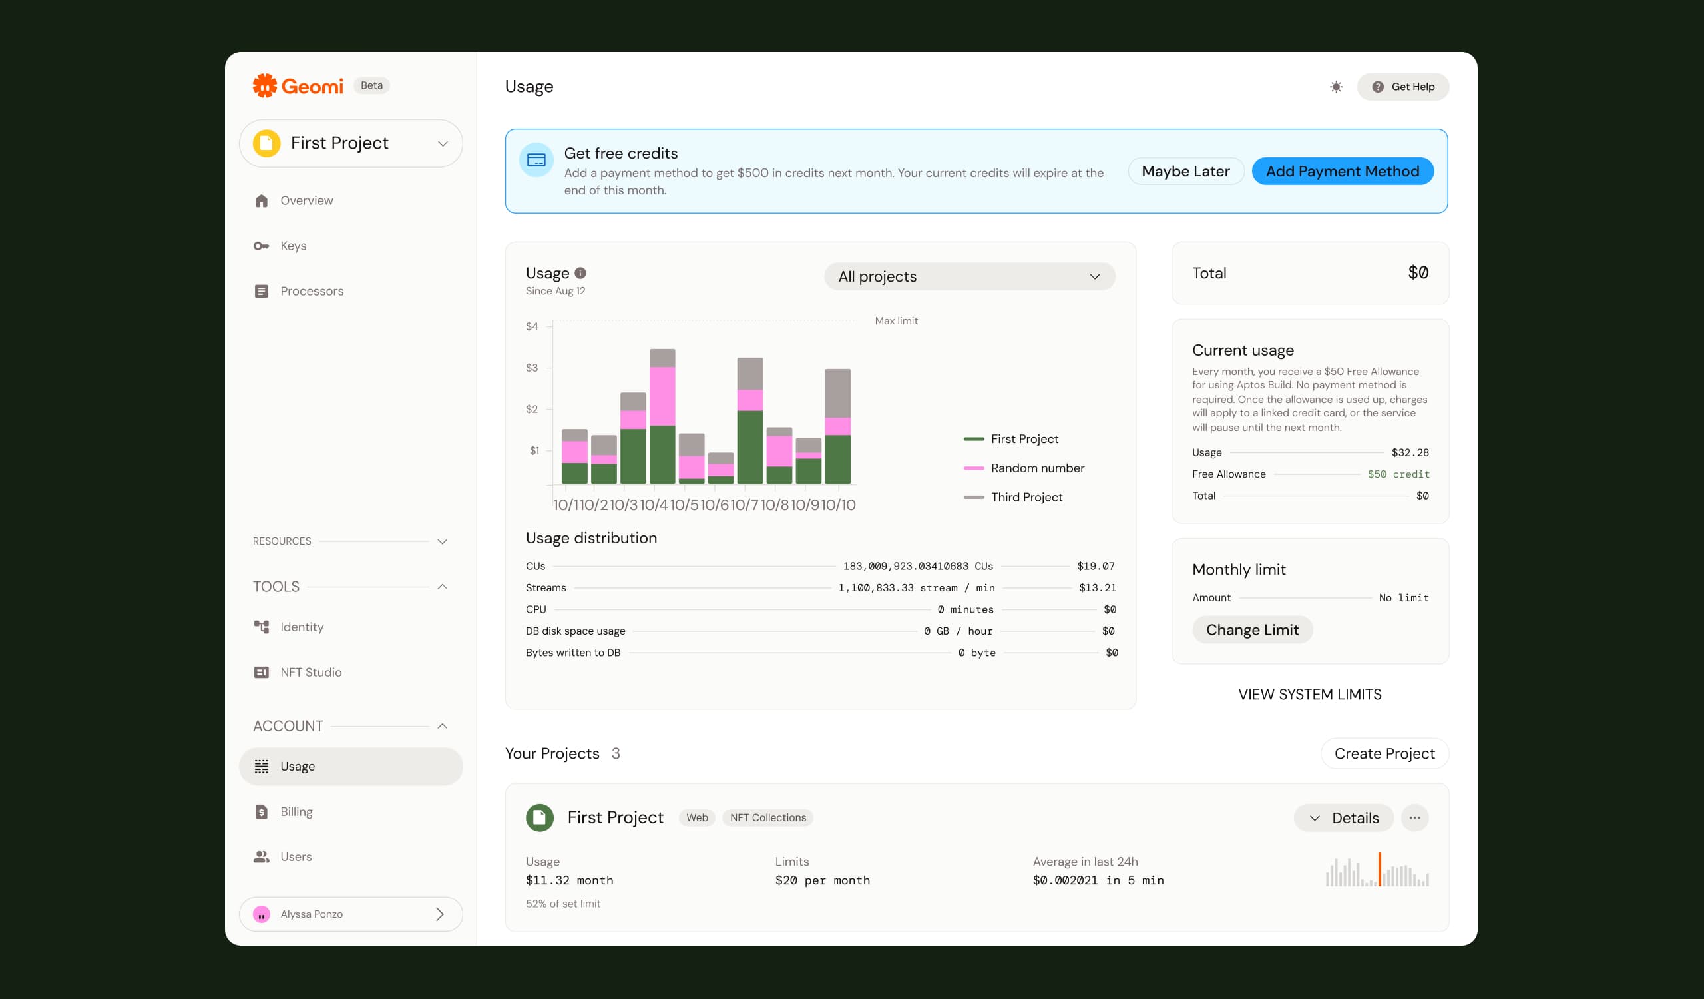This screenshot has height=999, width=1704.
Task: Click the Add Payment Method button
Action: [x=1343, y=171]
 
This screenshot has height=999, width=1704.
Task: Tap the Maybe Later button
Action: [x=1185, y=171]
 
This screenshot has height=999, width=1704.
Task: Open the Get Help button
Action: [x=1403, y=87]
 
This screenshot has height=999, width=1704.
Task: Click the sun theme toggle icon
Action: [x=1336, y=87]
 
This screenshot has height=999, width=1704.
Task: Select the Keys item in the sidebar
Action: [x=293, y=246]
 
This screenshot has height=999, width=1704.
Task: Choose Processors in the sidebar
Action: [x=311, y=291]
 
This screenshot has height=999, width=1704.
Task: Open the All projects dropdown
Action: [x=969, y=276]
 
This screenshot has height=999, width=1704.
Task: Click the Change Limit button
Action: [x=1252, y=629]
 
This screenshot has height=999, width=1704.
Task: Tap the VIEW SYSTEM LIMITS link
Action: [x=1310, y=694]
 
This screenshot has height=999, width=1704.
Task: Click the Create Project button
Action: [x=1384, y=753]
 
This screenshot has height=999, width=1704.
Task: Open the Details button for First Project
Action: [x=1344, y=818]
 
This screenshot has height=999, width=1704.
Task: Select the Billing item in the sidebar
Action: [x=296, y=811]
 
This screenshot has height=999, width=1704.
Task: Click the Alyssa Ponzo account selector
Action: [x=351, y=914]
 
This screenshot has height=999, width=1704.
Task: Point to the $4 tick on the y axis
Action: [x=532, y=326]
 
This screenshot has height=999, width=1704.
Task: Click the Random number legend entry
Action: [x=1037, y=468]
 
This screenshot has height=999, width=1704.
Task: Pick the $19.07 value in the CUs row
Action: [x=1096, y=566]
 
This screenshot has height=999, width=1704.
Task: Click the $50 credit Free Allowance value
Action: [x=1398, y=474]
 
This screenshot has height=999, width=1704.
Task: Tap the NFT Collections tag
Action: [x=767, y=817]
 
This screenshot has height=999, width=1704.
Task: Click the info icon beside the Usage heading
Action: [x=580, y=273]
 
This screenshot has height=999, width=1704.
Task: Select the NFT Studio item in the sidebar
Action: [x=310, y=671]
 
